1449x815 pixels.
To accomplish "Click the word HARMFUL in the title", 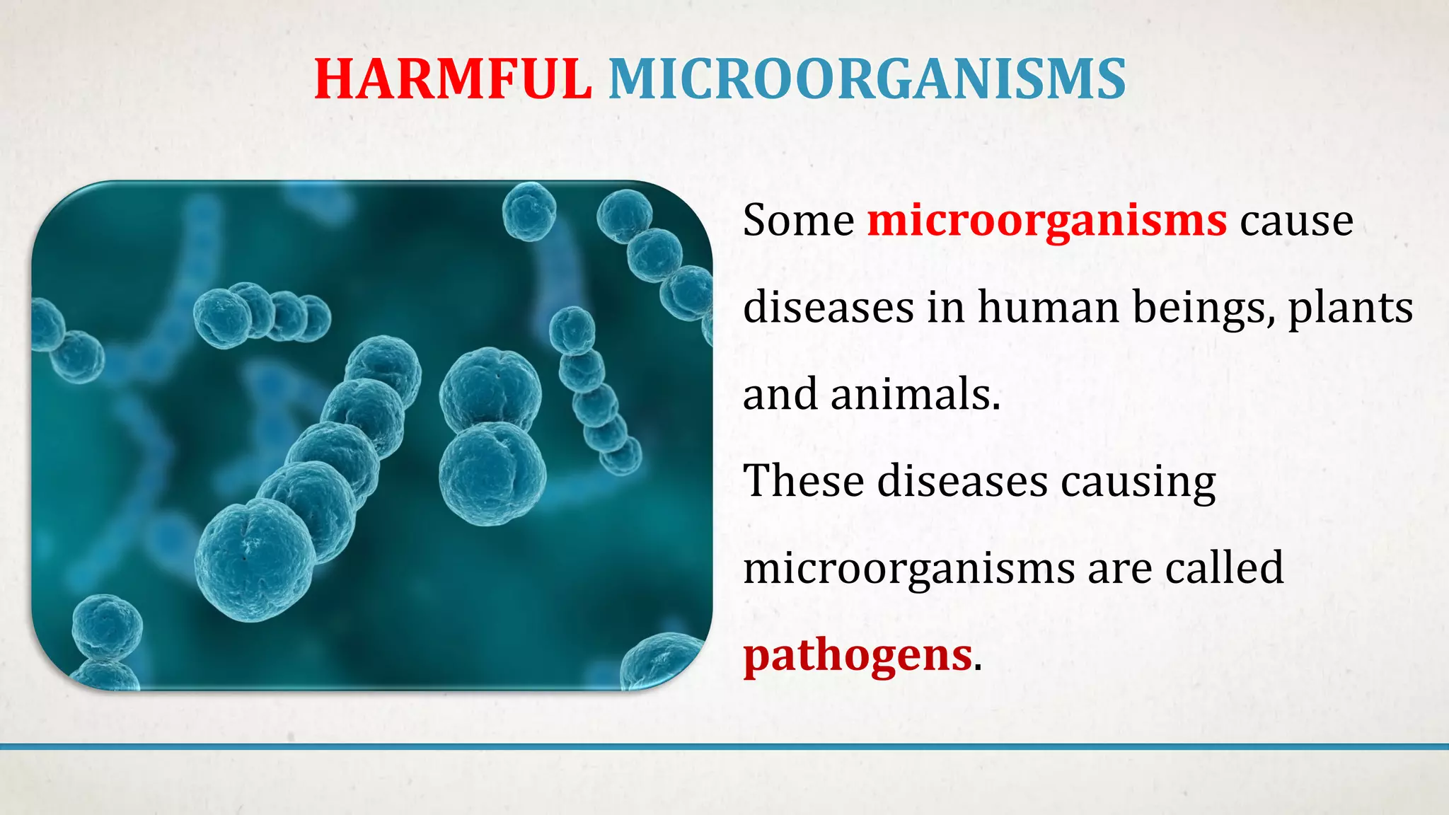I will tap(453, 79).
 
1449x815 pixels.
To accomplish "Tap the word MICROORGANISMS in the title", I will tap(867, 79).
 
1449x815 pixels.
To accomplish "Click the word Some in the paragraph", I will tap(799, 220).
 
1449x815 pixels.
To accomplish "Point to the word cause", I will tap(1297, 221).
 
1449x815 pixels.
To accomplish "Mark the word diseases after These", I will tap(962, 481).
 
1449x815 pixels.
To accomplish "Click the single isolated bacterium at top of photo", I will tap(529, 210).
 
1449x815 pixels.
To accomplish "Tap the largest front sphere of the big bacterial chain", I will tap(255, 559).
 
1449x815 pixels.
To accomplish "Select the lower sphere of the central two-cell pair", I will tap(492, 473).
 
